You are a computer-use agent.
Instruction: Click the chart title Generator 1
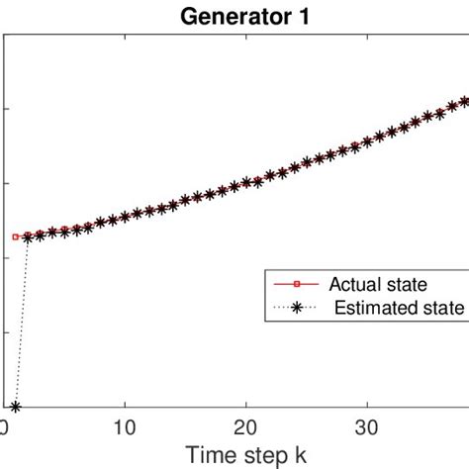(234, 16)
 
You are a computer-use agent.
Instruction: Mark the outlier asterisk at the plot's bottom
(16, 406)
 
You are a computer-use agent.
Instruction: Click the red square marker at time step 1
(16, 236)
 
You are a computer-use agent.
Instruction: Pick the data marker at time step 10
(125, 216)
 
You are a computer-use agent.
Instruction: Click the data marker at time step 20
(246, 183)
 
